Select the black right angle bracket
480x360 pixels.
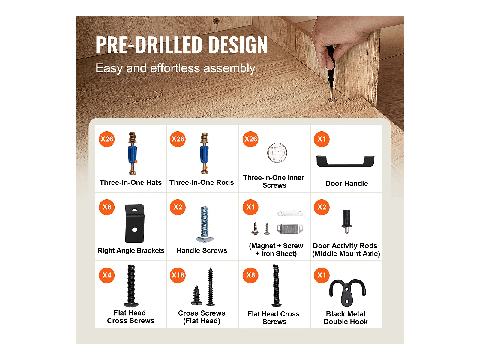coord(135,223)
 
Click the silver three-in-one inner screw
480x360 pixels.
coord(277,153)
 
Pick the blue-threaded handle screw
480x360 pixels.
coord(205,224)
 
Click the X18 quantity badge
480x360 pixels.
coord(178,275)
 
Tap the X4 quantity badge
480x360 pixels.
coord(107,275)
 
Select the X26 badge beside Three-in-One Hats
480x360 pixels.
coord(107,139)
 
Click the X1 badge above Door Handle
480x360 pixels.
coord(322,139)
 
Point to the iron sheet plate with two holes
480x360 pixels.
coord(290,213)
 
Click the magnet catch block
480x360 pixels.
coord(290,229)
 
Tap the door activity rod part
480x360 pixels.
coord(346,221)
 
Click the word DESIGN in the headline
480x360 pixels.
coord(238,45)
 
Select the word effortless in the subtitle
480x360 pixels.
coord(175,68)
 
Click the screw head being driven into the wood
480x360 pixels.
coord(332,100)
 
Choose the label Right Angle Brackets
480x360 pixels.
coord(131,250)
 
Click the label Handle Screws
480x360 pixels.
coord(202,250)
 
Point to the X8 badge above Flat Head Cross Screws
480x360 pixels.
coord(250,275)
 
